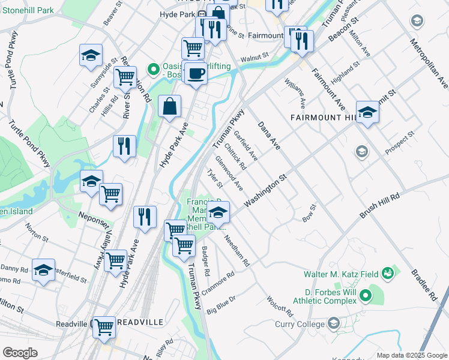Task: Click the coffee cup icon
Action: (196, 74)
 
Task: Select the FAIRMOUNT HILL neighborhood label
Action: (324, 117)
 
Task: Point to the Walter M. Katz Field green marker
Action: (388, 274)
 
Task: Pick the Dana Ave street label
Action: (269, 136)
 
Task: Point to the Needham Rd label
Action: (237, 250)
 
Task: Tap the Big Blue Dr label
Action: (222, 305)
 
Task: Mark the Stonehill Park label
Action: (27, 10)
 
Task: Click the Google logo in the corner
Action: (20, 352)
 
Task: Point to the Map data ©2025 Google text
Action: (412, 355)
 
